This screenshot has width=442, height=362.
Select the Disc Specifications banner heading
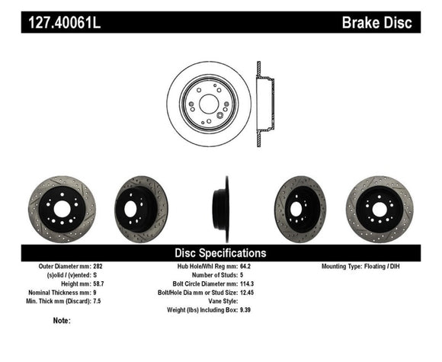coord(220,253)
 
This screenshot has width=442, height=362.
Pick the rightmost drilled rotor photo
coord(379,209)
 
